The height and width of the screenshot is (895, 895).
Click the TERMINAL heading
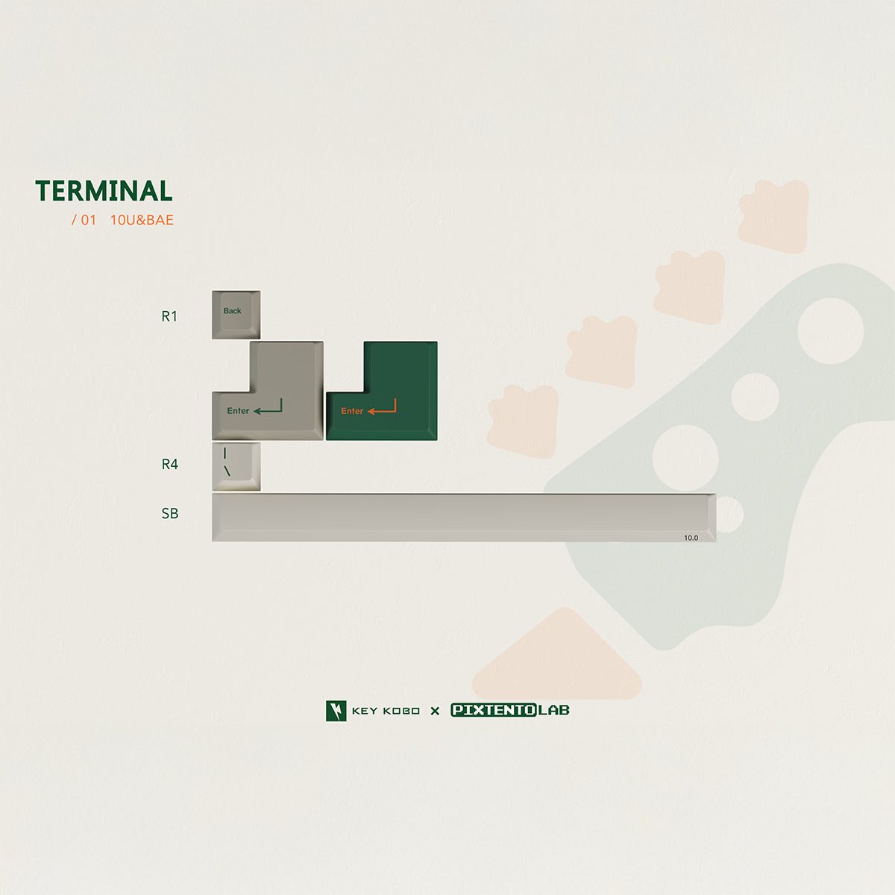click(x=104, y=191)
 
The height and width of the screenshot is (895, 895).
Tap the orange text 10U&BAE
click(x=142, y=220)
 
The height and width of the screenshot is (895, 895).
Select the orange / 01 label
click(x=84, y=220)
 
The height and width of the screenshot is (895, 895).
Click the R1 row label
click(x=169, y=316)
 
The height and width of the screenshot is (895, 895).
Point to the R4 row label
click(x=169, y=464)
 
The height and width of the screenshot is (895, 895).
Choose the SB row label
click(x=169, y=513)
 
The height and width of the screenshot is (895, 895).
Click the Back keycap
click(x=236, y=315)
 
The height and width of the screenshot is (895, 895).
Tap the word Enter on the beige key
click(x=238, y=410)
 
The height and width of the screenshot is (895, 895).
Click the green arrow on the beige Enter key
click(x=268, y=407)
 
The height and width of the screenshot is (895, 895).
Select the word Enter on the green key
click(x=352, y=411)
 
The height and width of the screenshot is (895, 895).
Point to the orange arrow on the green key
click(x=382, y=407)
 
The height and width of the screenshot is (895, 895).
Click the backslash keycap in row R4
click(x=236, y=466)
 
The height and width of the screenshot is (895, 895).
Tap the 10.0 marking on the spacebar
click(x=691, y=538)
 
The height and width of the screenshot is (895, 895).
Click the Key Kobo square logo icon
click(x=336, y=711)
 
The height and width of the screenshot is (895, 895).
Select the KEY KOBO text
click(x=386, y=711)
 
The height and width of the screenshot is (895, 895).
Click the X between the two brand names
click(x=435, y=711)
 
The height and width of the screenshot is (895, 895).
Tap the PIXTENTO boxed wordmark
click(x=494, y=710)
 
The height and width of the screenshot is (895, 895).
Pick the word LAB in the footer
click(x=553, y=710)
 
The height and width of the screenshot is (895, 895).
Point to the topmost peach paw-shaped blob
click(x=773, y=216)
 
